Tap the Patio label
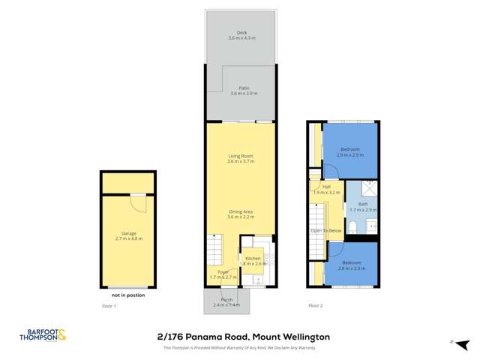click(241, 90)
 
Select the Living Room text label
click(241, 158)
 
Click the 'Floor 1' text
click(109, 306)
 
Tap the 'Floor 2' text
click(316, 306)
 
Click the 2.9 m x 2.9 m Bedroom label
click(350, 152)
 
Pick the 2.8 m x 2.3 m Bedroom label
click(350, 265)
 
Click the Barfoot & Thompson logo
click(43, 337)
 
